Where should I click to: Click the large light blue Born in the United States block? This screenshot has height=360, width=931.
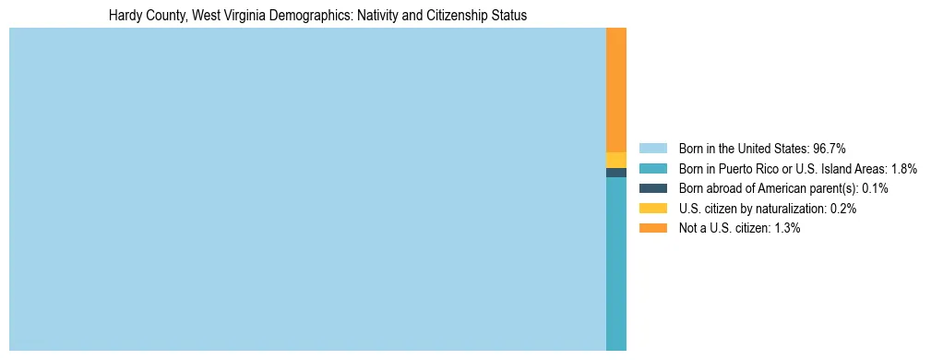(x=307, y=189)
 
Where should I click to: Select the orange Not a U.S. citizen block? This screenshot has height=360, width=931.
(x=616, y=90)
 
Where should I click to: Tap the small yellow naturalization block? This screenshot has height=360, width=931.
(x=616, y=160)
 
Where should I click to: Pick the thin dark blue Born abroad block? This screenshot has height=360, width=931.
(x=616, y=173)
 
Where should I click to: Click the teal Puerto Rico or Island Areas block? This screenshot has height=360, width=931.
(x=616, y=263)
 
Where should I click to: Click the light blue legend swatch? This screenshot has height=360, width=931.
(x=652, y=148)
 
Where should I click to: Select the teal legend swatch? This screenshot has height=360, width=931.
(x=652, y=168)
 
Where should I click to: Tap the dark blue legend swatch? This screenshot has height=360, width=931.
(x=652, y=188)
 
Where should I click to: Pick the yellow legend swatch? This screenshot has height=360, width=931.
(x=652, y=209)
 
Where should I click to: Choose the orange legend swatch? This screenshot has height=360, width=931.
(x=652, y=229)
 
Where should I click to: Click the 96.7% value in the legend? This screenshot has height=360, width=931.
(x=830, y=148)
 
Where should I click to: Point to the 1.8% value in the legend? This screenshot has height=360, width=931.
(x=904, y=168)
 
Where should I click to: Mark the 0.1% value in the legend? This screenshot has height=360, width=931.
(x=875, y=188)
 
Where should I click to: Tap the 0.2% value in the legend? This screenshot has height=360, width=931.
(x=843, y=209)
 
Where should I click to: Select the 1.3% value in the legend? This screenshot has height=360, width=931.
(x=787, y=229)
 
